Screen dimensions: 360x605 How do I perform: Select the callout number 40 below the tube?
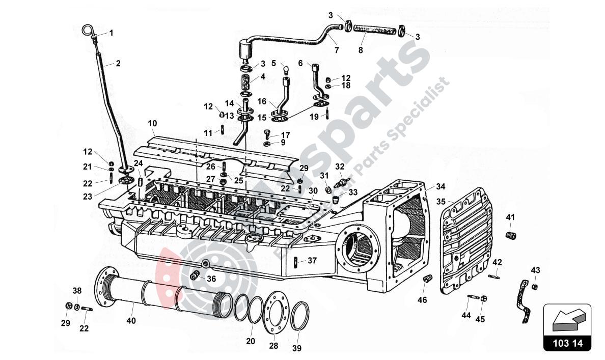(131, 321)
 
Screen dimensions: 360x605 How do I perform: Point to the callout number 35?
(441, 201)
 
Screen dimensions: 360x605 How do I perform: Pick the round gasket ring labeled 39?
(299, 316)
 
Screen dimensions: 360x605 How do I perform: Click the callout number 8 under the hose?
(361, 50)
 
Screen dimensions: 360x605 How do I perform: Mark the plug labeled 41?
(511, 235)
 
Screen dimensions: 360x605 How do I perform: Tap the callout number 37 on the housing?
(312, 261)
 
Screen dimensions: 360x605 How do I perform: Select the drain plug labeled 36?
(194, 276)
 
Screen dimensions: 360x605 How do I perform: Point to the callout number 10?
(153, 123)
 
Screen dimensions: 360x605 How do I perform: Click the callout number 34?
(440, 186)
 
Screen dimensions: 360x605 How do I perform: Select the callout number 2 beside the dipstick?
(118, 64)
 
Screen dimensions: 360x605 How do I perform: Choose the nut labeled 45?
(483, 298)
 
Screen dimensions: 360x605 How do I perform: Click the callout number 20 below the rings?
(250, 341)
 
